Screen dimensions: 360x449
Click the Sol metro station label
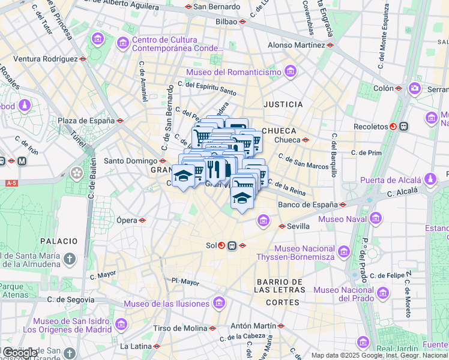point(211,245)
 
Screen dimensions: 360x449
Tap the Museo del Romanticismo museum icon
point(291,73)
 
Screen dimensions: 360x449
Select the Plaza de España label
point(86,121)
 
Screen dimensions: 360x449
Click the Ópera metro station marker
point(142,220)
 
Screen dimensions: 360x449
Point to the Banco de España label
point(307,205)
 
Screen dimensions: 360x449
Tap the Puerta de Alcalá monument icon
point(430,180)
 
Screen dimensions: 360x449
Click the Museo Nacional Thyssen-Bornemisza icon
point(343,250)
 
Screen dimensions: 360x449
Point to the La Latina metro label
point(135,346)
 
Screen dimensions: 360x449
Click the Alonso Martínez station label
point(296,44)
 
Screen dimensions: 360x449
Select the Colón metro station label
point(383,88)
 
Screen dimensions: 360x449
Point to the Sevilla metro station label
point(298,226)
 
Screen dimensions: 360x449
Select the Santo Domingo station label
point(130,161)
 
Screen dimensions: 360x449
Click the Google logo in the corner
point(20,353)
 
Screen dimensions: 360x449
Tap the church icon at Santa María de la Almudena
point(70,259)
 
